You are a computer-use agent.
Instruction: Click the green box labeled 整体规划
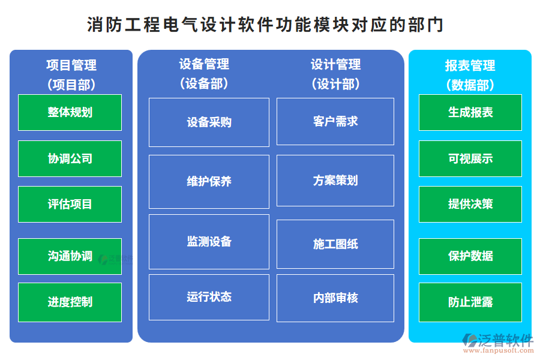coord(70,112)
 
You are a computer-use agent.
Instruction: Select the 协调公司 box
coord(70,158)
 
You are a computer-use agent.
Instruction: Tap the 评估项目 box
coord(70,204)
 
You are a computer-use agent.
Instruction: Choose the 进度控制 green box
coord(70,302)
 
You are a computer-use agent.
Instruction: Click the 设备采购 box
coord(209,122)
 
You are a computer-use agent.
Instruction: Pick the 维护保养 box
coord(209,181)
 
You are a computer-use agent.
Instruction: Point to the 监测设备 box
coord(209,241)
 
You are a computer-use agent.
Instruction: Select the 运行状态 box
coord(209,296)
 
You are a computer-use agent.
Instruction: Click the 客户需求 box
coord(335,121)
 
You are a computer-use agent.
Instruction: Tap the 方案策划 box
coord(335,180)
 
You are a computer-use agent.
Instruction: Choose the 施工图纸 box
coord(335,244)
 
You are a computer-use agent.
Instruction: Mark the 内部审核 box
coord(335,298)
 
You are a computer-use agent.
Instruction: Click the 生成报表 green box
coord(470,112)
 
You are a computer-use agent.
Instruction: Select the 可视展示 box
coord(470,158)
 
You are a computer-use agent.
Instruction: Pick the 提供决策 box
coord(470,204)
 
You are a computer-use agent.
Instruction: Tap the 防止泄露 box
coord(470,302)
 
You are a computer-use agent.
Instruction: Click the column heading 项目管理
coord(71,65)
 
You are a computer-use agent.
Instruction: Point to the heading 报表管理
coord(470,65)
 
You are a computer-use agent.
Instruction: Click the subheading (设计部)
coord(335,84)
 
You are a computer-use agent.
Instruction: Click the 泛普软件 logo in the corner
coord(498,342)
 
